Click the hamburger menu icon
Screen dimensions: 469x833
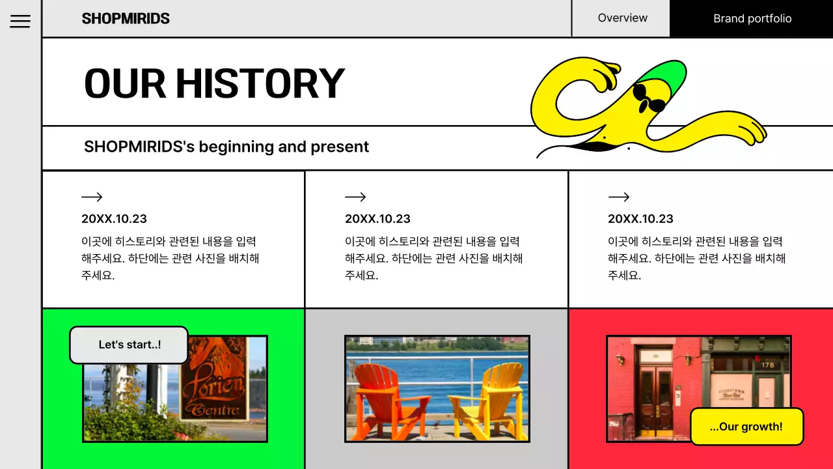tap(20, 21)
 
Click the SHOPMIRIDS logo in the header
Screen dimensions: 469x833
tap(126, 18)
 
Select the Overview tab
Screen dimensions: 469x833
tap(622, 18)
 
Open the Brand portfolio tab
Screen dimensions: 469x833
tap(752, 18)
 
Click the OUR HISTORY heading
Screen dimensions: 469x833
tap(214, 83)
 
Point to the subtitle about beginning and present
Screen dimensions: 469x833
tap(226, 147)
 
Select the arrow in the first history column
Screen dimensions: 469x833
tap(92, 197)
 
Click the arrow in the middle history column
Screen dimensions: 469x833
tap(355, 197)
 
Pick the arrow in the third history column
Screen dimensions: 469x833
tap(618, 197)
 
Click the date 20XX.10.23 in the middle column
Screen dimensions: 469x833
tap(377, 219)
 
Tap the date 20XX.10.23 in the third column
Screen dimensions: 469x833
tap(640, 219)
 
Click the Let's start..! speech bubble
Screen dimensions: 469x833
tap(129, 345)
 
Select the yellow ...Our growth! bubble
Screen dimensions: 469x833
tap(746, 427)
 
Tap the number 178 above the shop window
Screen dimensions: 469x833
tap(768, 365)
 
